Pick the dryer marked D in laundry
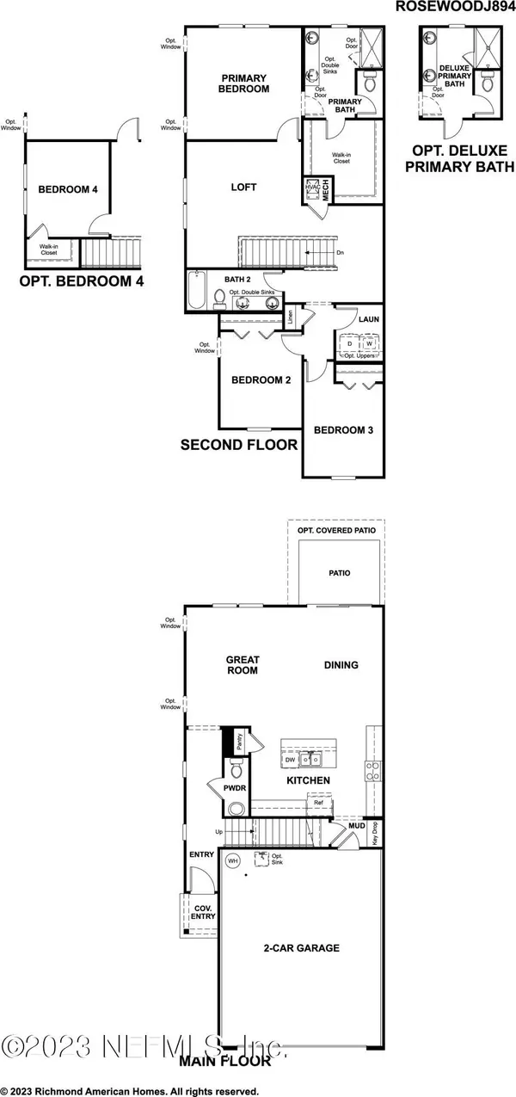click(350, 343)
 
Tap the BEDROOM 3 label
click(342, 430)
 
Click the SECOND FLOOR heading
click(239, 445)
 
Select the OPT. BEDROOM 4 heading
click(82, 281)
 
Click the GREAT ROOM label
click(243, 664)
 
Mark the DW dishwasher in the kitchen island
click(291, 761)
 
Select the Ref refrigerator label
click(318, 803)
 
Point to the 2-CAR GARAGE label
click(301, 948)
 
